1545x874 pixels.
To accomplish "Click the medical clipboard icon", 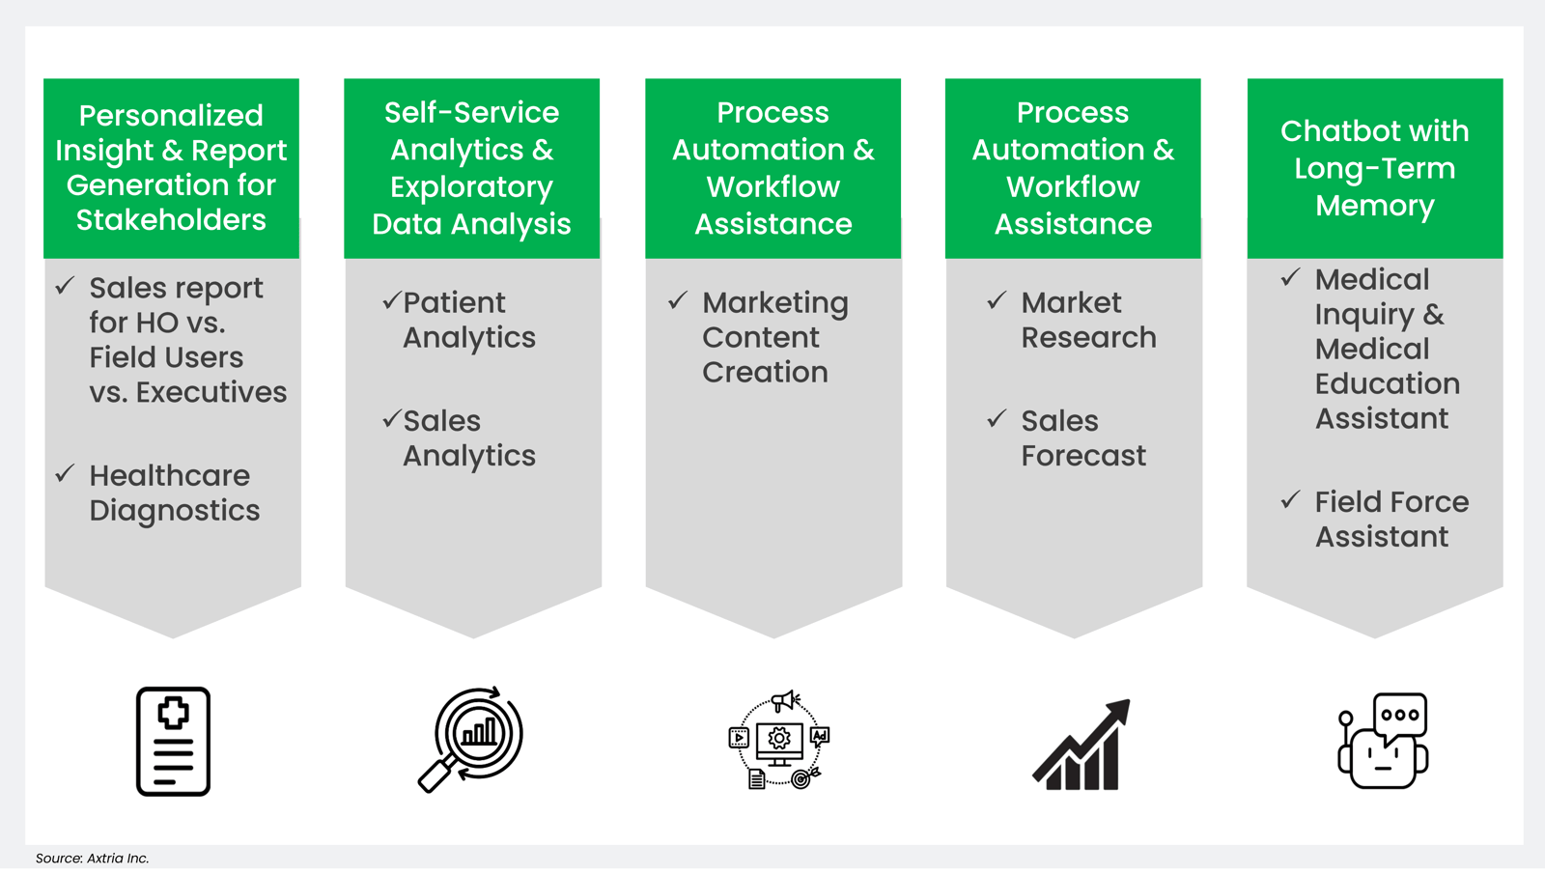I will pos(173,741).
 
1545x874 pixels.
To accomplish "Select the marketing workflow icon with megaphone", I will pos(778,740).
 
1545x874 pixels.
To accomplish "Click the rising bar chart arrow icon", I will pos(1081,746).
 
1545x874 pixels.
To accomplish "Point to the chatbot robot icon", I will pos(1383,742).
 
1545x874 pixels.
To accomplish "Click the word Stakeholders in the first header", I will pos(171,220).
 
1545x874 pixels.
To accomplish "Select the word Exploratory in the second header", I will pos(471,186).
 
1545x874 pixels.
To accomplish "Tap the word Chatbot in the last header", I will pos(1326,131).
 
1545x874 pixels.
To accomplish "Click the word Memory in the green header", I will pos(1374,206).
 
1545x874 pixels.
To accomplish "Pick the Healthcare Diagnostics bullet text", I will pos(174,493).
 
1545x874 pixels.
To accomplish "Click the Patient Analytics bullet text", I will pos(468,320).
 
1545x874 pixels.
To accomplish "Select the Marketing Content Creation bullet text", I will pos(774,337).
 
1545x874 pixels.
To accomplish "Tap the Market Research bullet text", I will pos(1087,320).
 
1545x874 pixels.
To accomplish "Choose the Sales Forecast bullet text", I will pos(1082,438).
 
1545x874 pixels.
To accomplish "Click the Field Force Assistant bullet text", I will pos(1390,519).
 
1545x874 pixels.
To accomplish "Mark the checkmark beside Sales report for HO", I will pos(65,286).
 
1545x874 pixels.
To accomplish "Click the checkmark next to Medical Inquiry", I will pos(1290,278).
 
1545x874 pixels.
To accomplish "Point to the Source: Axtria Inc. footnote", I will pos(92,858).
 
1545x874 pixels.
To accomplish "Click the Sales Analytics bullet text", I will pos(468,438).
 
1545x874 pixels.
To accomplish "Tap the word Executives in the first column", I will pos(211,392).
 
